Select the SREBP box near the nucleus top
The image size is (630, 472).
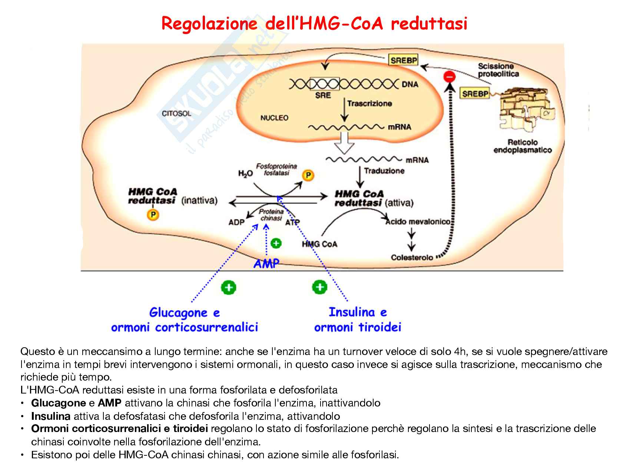click(x=403, y=60)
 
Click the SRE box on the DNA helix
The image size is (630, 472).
click(x=324, y=84)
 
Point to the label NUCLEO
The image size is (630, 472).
click(x=274, y=118)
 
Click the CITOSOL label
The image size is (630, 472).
click(x=176, y=113)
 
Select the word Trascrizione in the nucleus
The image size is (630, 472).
click(x=369, y=103)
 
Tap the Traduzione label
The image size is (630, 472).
click(x=384, y=171)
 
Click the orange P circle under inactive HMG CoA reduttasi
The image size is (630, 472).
click(x=153, y=214)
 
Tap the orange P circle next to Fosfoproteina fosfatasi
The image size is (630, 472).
click(x=308, y=175)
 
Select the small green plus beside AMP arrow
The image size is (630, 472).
click(x=276, y=243)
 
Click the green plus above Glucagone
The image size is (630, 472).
click(x=229, y=287)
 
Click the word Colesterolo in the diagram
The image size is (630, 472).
click(x=412, y=257)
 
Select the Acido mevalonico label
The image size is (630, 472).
click(x=418, y=222)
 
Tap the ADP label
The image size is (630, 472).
click(x=236, y=222)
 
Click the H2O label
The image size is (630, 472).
click(x=245, y=173)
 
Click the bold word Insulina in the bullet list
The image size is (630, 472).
click(x=51, y=416)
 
